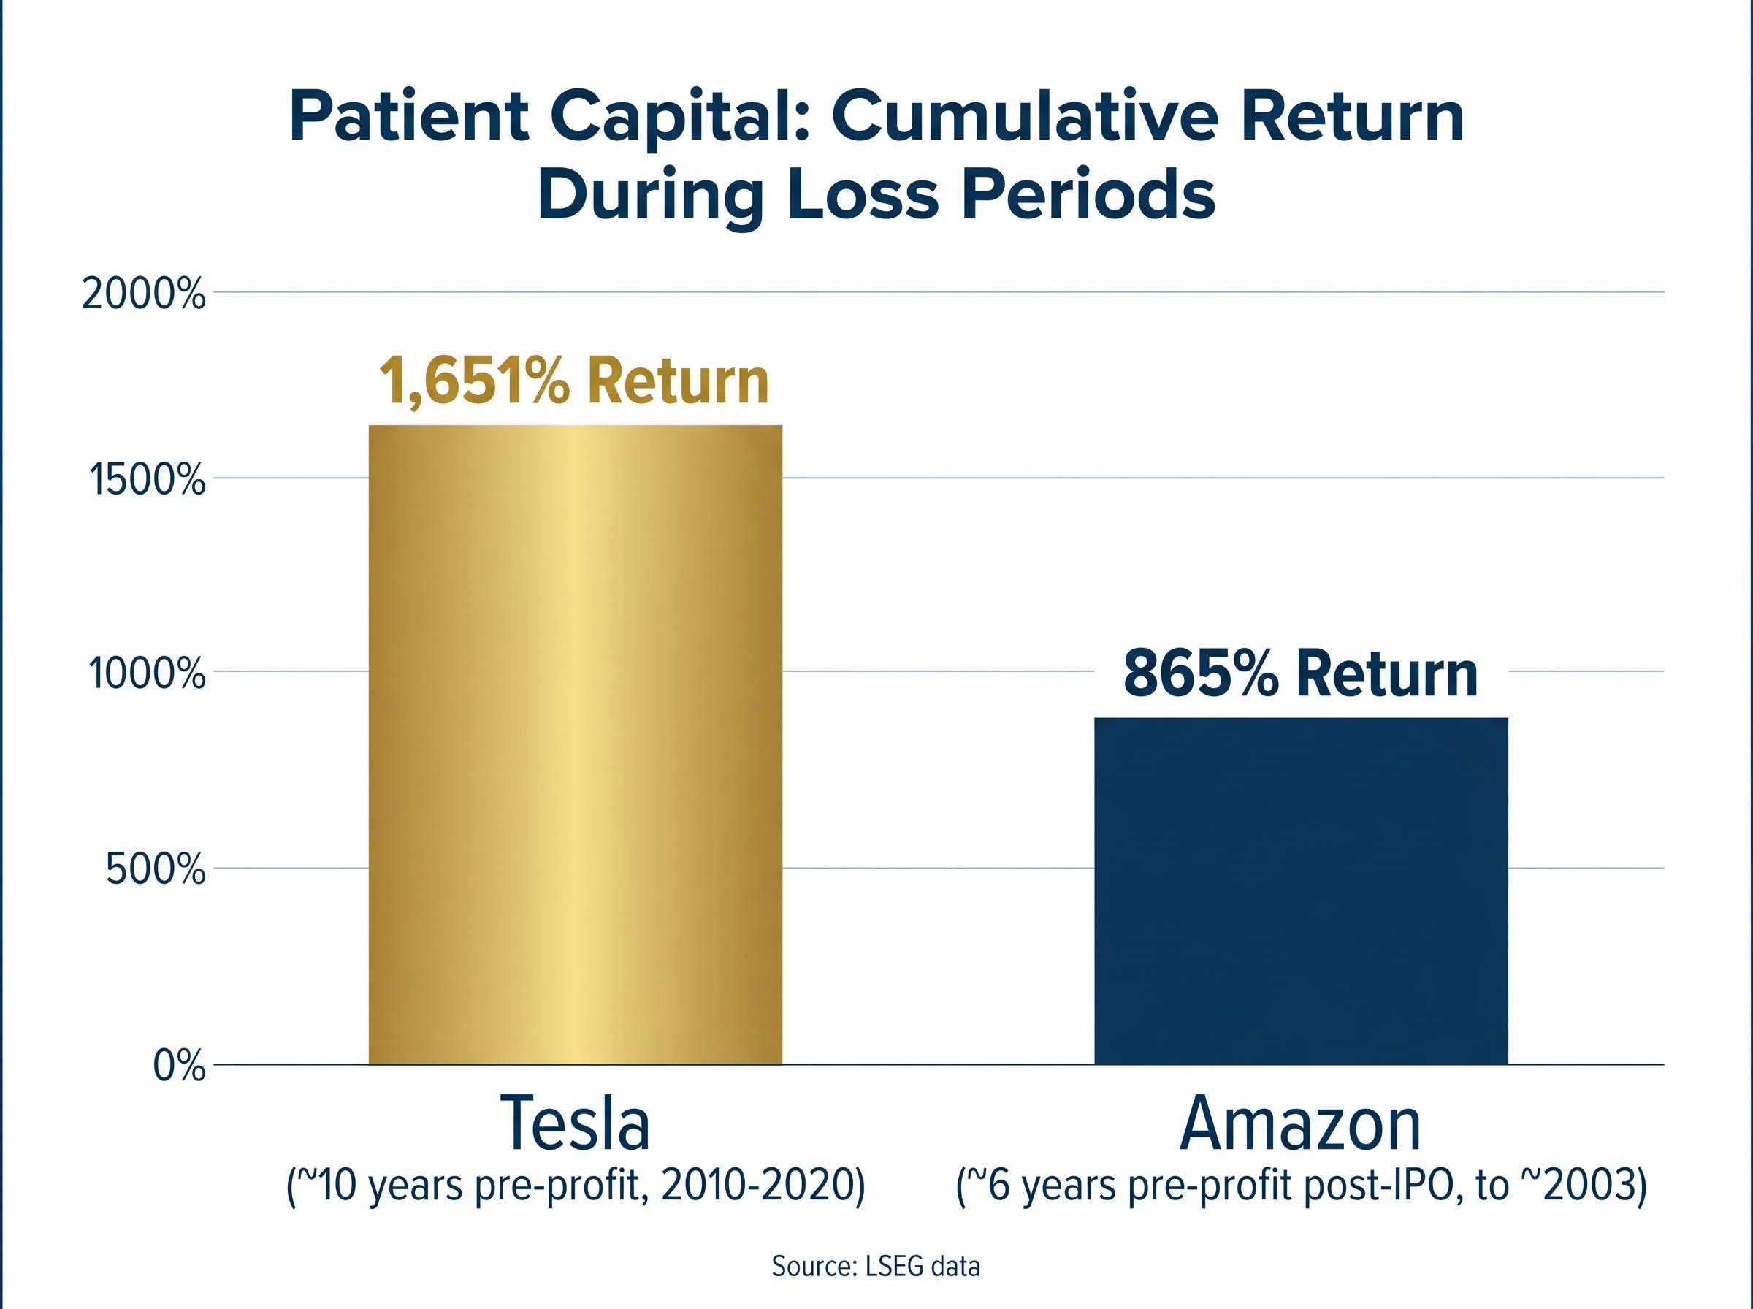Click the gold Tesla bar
[575, 745]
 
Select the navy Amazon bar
[1301, 890]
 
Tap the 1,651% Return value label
[574, 382]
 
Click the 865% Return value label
[1301, 675]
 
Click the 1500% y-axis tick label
[148, 480]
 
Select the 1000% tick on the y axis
[148, 675]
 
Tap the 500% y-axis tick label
[156, 871]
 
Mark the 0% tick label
[179, 1067]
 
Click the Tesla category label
[575, 1124]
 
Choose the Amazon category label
[1301, 1124]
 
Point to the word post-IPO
[1376, 1187]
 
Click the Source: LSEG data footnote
[875, 1266]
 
